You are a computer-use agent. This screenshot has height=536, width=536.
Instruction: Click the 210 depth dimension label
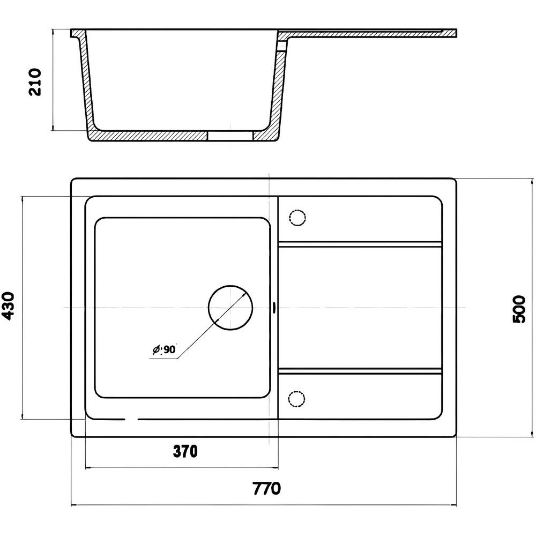tap(35, 82)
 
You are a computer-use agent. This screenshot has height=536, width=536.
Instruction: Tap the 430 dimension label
tap(8, 306)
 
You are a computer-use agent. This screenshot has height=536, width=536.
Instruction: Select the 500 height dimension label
tap(519, 310)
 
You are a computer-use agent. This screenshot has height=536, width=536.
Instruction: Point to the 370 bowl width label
tap(185, 451)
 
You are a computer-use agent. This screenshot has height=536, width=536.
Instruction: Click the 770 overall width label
tap(266, 488)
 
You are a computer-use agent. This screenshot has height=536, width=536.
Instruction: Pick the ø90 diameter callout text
tap(164, 349)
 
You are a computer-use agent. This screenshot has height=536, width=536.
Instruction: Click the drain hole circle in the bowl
tap(230, 308)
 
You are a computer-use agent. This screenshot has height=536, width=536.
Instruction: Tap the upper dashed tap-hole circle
tap(297, 218)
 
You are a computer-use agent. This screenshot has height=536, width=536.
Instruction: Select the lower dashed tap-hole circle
tap(296, 399)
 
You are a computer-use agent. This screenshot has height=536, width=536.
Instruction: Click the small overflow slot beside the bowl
tap(274, 307)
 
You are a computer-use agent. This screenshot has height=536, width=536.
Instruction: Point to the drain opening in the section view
tap(230, 136)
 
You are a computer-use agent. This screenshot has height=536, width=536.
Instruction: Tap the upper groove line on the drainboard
tap(360, 244)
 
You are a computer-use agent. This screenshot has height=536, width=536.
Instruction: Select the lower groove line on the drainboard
tap(360, 371)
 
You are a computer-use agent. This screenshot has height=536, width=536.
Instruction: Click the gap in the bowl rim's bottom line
tap(131, 419)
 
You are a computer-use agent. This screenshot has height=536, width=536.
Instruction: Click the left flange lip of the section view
tap(77, 33)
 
